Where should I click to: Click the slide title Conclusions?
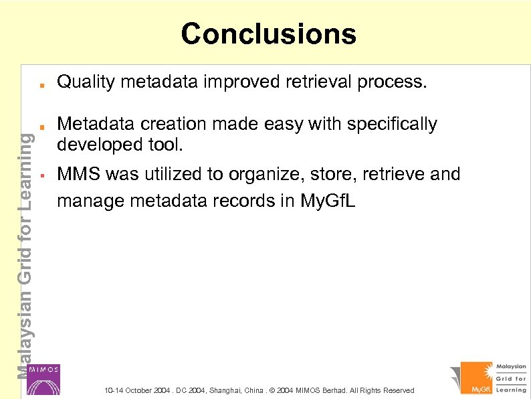tap(268, 33)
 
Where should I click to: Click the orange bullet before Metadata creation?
tap(41, 126)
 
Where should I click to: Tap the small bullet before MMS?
tap(41, 175)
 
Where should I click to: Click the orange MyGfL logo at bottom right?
tap(477, 378)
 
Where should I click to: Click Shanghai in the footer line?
tap(227, 390)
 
